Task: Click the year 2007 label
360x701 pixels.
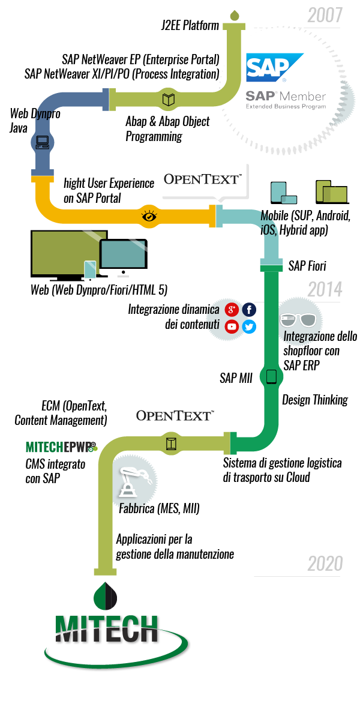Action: [325, 14]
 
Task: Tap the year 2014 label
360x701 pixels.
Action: [325, 290]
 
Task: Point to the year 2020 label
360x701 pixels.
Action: [325, 564]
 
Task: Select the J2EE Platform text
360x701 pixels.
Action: [190, 26]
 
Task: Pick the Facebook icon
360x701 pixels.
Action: [249, 310]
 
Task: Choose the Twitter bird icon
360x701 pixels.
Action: [249, 327]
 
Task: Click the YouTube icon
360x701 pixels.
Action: [232, 327]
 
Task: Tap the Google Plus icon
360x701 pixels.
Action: [232, 310]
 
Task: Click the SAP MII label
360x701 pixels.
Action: [236, 378]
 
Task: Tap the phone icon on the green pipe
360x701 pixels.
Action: [271, 377]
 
